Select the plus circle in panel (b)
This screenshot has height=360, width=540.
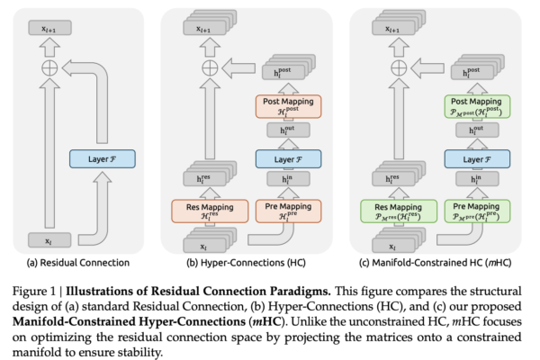[211, 67]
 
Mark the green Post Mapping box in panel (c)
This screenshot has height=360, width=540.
[472, 106]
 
